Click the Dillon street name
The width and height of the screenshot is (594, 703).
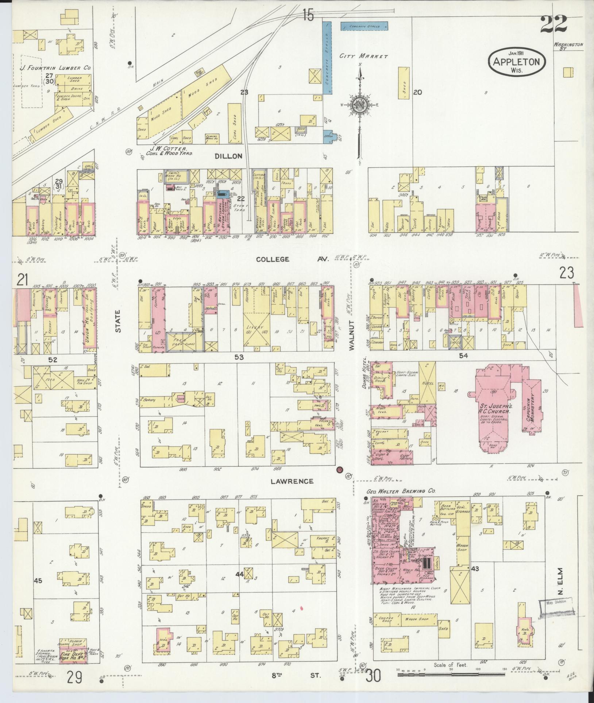click(x=228, y=156)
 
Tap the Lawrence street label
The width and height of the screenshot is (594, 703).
click(x=292, y=481)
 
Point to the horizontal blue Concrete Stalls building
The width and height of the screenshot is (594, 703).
click(x=364, y=26)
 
